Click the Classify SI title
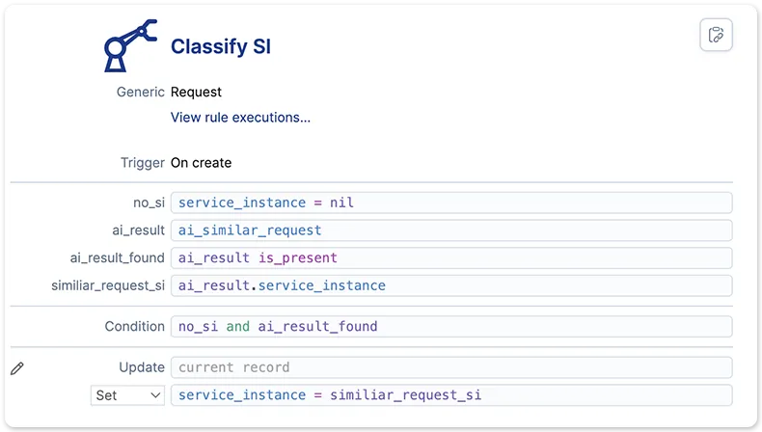coord(221,46)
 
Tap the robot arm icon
coord(130,46)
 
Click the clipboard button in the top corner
coord(716,35)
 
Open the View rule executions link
coord(240,117)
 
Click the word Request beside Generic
coord(196,92)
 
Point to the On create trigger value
coord(201,163)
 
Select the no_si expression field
coord(451,202)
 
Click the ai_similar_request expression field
coord(451,230)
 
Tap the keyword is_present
coord(297,258)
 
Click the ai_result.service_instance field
coord(451,285)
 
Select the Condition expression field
coord(451,327)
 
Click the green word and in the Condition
coord(237,327)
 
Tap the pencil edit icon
coord(17,368)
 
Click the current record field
coord(451,367)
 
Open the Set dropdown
coord(128,395)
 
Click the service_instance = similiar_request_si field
coord(451,395)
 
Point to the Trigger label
coord(143,163)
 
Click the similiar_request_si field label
coord(108,285)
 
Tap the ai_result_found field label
coord(117,258)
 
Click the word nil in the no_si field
coord(341,202)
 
